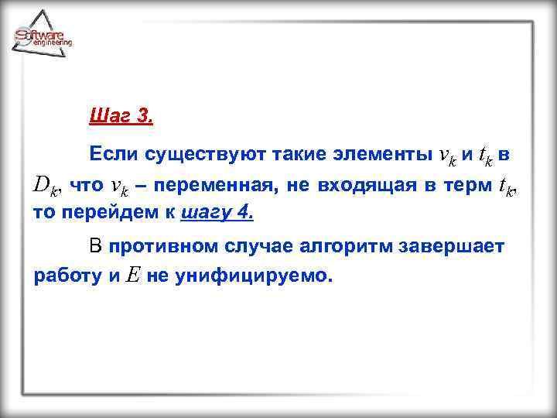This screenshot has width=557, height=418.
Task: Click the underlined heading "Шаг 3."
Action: point(121,118)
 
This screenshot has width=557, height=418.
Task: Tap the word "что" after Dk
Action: point(86,186)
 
